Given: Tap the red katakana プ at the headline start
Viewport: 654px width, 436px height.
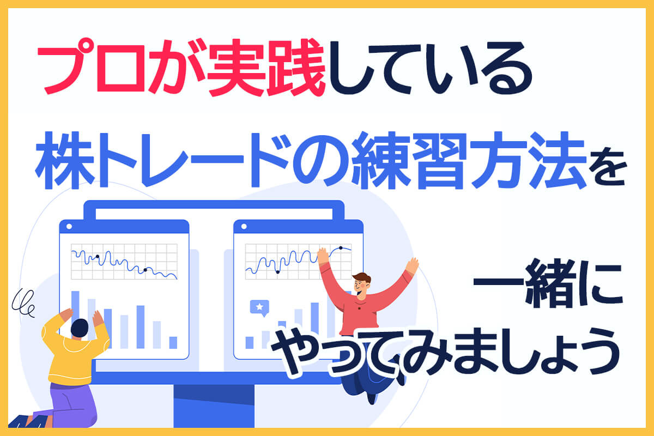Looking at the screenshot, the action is tap(64, 66).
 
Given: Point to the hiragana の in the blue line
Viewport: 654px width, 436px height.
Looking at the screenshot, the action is tap(320, 161).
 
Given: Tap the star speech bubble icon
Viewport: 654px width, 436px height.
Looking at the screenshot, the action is tap(259, 307).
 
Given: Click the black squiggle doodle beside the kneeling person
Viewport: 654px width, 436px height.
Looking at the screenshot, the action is tap(24, 303).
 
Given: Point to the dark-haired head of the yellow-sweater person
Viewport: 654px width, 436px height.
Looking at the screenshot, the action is tap(80, 328).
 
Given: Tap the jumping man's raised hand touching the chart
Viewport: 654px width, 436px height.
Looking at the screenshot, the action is tap(323, 256).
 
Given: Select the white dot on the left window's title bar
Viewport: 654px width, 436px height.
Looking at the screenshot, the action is tap(69, 226).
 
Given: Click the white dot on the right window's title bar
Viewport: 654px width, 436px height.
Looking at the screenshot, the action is tap(244, 226).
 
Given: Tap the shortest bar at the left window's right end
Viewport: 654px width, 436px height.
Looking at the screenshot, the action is tap(173, 343).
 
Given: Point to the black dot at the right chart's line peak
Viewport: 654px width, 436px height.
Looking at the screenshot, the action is tap(341, 248).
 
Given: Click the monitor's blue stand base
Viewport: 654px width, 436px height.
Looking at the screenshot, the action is tap(214, 406).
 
